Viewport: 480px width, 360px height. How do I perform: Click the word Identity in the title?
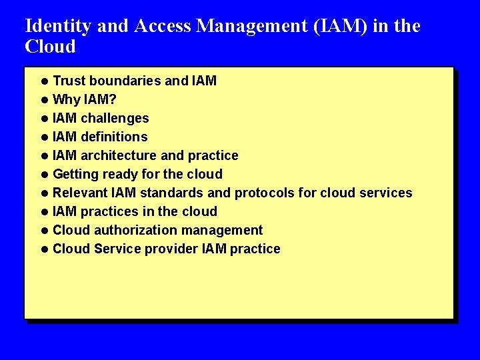click(x=58, y=27)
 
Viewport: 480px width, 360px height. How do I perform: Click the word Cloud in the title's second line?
click(x=50, y=47)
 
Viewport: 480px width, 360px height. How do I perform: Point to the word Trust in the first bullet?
click(x=69, y=81)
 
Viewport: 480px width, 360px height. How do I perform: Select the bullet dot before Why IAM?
click(x=43, y=100)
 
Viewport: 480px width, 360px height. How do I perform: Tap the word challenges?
click(x=115, y=119)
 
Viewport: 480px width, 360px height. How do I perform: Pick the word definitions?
click(x=114, y=137)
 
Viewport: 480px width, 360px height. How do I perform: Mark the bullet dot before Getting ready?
click(x=43, y=175)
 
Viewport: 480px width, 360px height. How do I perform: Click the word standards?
click(x=169, y=193)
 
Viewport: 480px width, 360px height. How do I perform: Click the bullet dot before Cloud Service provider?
click(x=43, y=249)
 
